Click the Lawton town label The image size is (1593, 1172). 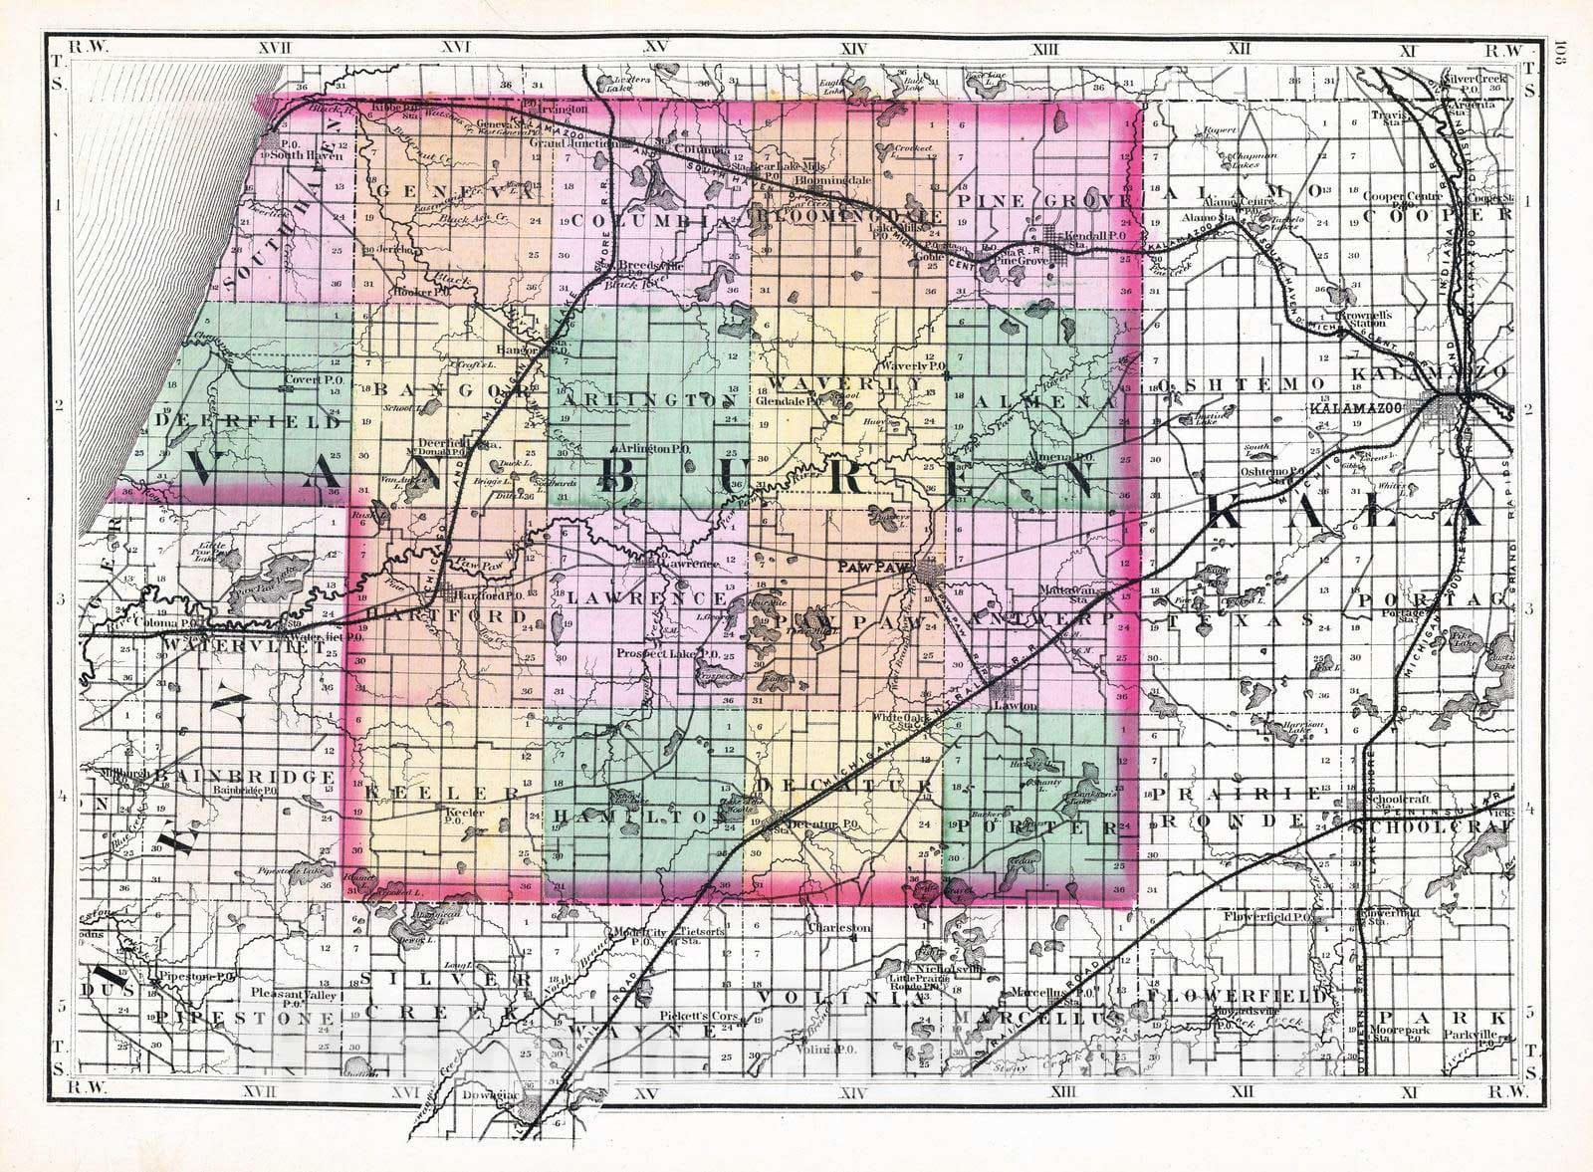point(1015,705)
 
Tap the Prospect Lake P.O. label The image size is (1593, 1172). point(660,653)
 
